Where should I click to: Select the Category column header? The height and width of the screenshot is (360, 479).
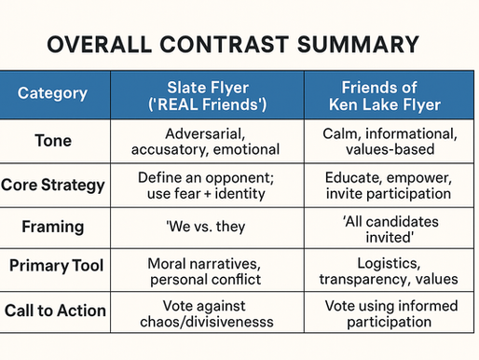click(54, 93)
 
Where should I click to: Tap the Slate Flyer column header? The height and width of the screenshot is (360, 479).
click(208, 93)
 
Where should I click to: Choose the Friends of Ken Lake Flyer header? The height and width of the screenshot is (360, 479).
click(391, 93)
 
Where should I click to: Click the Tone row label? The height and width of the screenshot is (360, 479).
click(54, 140)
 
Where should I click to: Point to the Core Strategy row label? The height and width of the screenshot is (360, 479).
click(54, 184)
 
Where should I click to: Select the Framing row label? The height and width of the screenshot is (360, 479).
click(54, 226)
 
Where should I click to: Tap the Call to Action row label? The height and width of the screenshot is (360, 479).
click(54, 312)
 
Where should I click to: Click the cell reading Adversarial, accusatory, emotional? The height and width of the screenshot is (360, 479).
click(208, 140)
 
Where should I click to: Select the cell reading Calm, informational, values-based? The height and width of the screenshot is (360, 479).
click(391, 140)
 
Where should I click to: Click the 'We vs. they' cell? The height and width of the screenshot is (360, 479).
click(208, 226)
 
